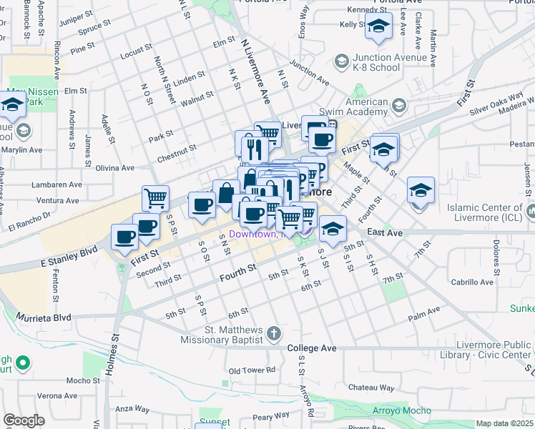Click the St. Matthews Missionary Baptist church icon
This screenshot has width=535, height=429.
[x=274, y=334]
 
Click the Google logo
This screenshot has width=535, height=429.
[x=24, y=420]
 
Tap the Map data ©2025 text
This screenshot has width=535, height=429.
[x=504, y=423]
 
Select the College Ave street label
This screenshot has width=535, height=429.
[x=311, y=348]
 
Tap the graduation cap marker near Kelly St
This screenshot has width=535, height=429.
[x=378, y=28]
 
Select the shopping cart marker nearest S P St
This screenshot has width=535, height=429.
[x=155, y=198]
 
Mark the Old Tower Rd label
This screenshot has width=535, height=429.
[x=252, y=370]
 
